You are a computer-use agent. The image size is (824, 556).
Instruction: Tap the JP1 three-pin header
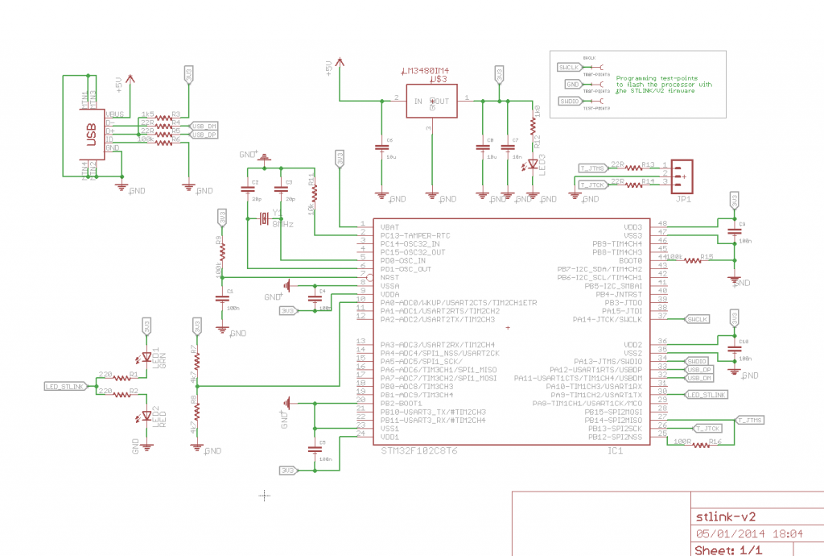681,172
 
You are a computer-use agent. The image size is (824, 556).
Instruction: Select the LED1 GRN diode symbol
146,357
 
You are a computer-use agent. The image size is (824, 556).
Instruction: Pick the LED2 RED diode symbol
146,416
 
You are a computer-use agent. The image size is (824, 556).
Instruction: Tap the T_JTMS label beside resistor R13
591,168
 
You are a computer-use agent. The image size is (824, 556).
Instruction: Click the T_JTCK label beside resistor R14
591,185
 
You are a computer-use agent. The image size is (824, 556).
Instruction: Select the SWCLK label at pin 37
697,319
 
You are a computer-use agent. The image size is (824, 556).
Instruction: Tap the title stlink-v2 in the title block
726,517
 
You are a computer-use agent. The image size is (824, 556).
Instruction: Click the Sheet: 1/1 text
728,550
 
